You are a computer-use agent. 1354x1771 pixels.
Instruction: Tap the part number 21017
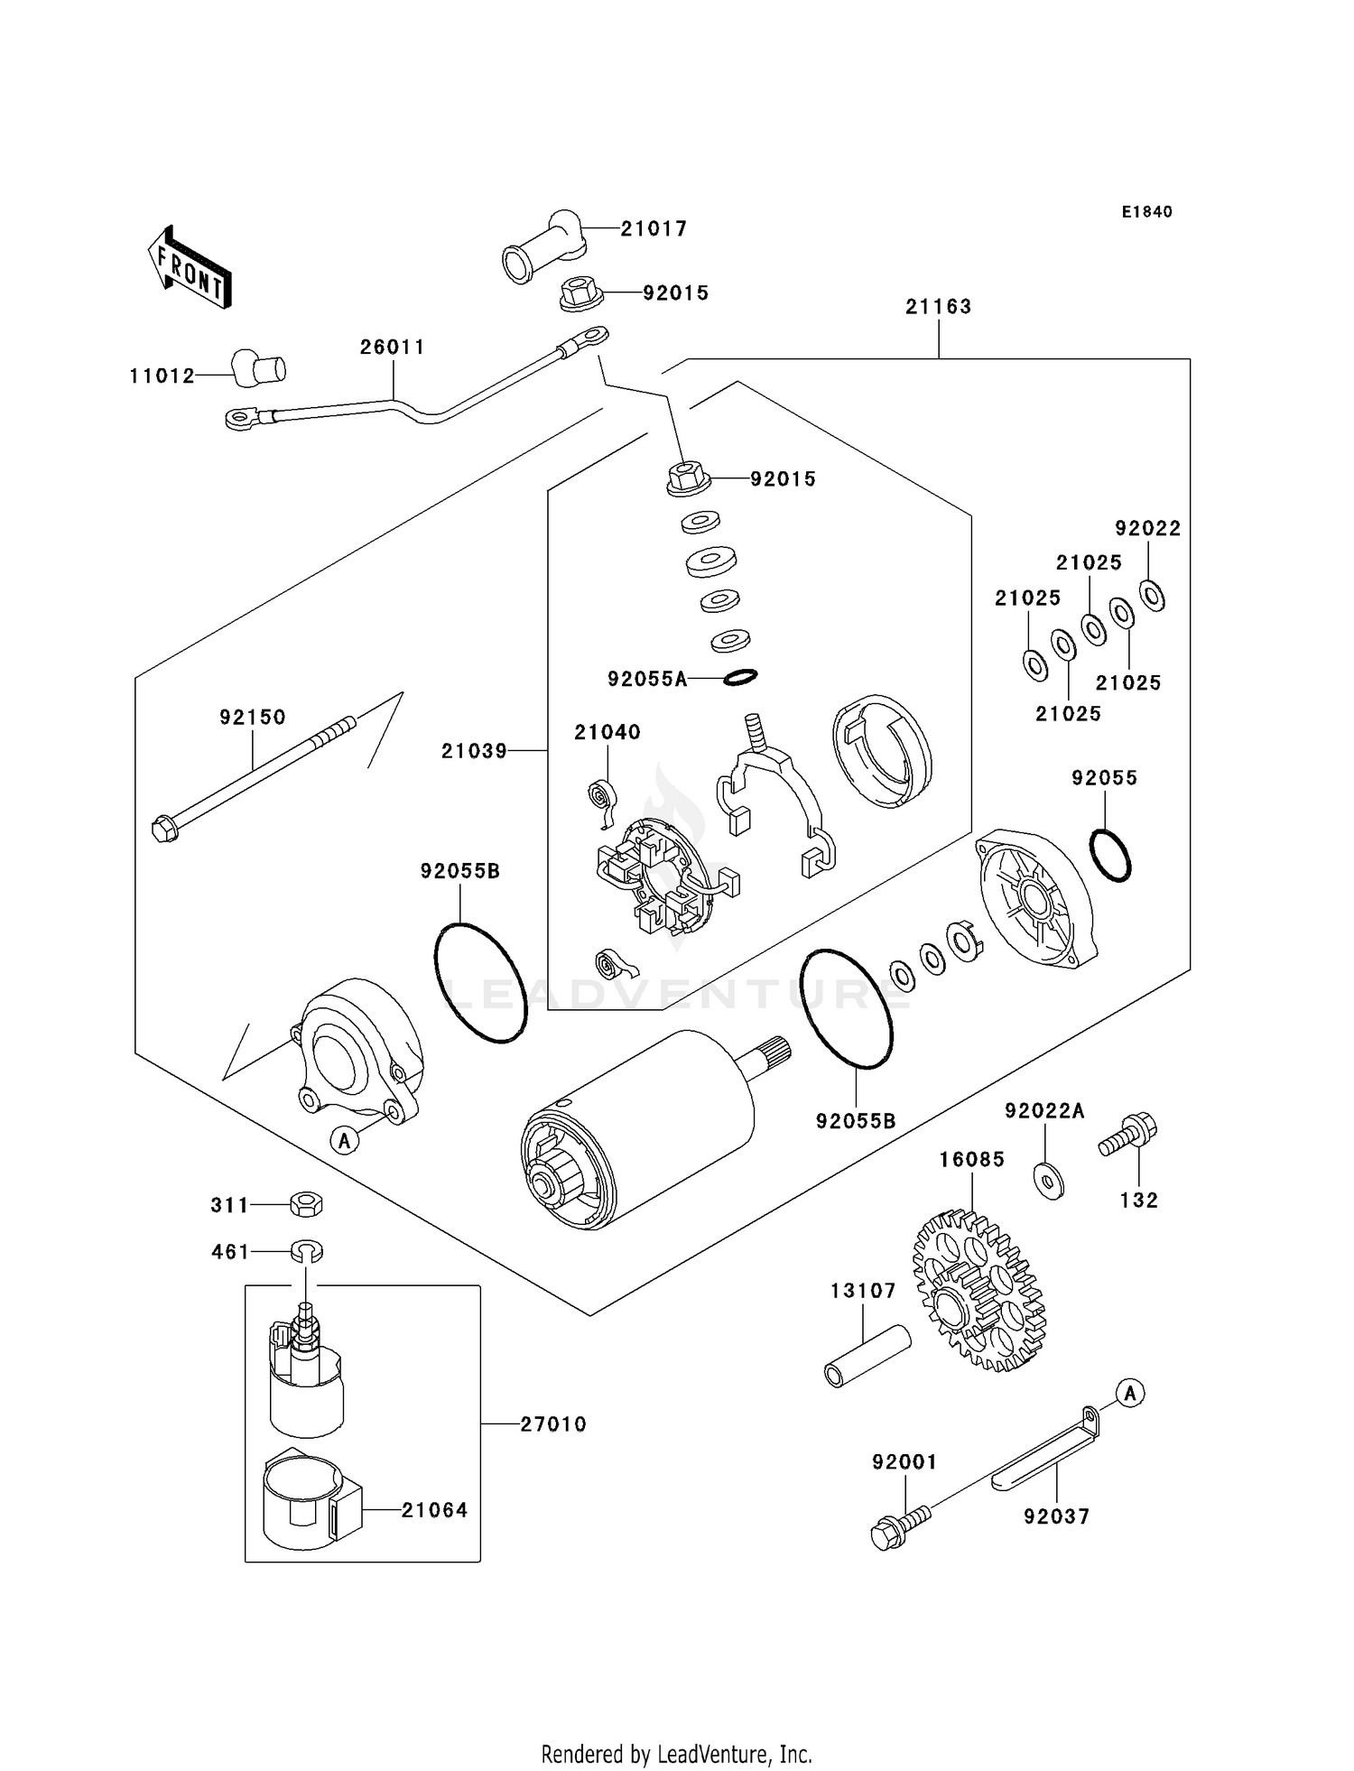(654, 228)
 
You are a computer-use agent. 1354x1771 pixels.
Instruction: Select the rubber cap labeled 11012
(259, 367)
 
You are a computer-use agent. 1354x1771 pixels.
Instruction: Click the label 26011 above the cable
(393, 347)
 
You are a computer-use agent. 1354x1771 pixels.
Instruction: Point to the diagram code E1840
(1146, 211)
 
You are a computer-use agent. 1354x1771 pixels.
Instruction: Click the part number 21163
(939, 307)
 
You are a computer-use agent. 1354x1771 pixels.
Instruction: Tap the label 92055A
(647, 679)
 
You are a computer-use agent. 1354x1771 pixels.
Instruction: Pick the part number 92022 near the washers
(1147, 528)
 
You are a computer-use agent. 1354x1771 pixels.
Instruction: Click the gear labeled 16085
(979, 1292)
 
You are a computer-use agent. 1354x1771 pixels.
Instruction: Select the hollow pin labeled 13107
(867, 1355)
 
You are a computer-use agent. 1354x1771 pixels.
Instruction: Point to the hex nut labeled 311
(307, 1204)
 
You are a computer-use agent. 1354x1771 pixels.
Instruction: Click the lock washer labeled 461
(307, 1251)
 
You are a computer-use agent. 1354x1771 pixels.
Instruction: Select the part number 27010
(553, 1424)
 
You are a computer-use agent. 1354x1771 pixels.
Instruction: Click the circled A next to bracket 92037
(1129, 1393)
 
